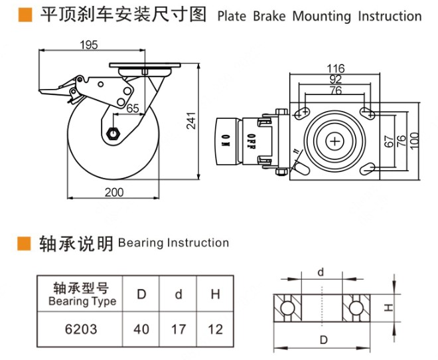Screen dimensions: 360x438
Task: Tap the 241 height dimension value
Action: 192,120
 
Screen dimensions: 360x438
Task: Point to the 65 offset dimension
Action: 132,108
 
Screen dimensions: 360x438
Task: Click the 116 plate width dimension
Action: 336,68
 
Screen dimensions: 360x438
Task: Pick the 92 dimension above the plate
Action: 336,80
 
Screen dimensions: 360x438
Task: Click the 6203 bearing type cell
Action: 82,329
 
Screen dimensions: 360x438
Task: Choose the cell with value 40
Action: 142,329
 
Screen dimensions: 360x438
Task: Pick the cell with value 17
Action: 179,329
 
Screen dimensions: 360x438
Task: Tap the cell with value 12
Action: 215,329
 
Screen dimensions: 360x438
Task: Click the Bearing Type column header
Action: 82,294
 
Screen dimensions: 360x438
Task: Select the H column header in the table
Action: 215,294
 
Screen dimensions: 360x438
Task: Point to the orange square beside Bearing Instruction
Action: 25,243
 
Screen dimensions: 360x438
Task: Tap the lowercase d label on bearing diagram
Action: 321,271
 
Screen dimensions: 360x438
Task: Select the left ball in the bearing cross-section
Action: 287,308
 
